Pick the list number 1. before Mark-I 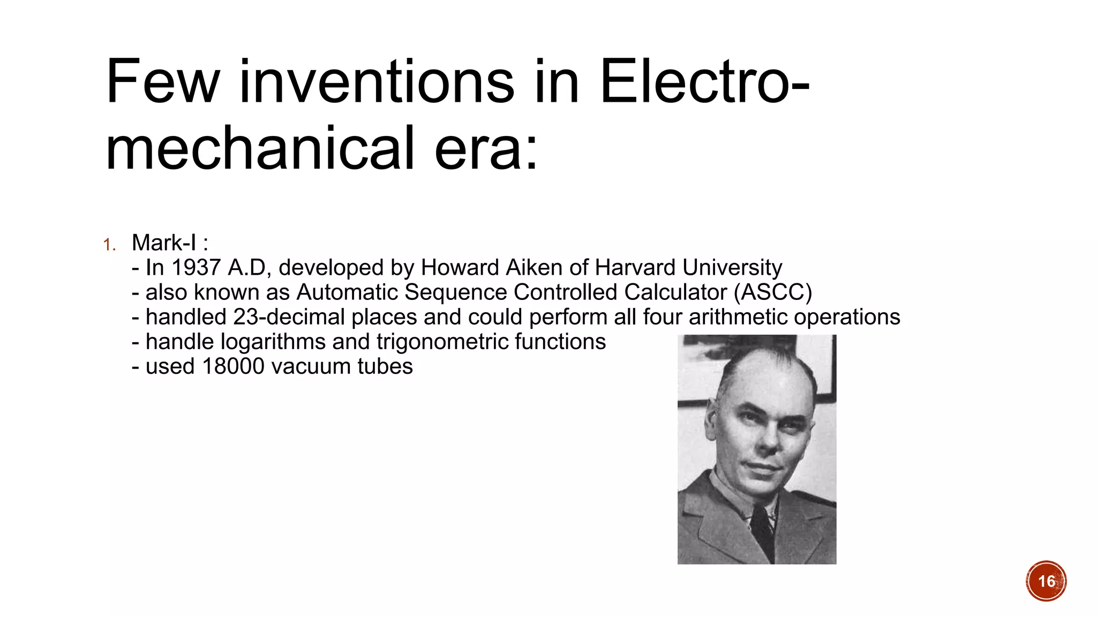tap(109, 245)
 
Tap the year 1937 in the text tap(196, 267)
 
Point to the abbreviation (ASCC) tap(773, 292)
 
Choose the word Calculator tap(675, 292)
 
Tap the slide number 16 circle tap(1046, 581)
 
